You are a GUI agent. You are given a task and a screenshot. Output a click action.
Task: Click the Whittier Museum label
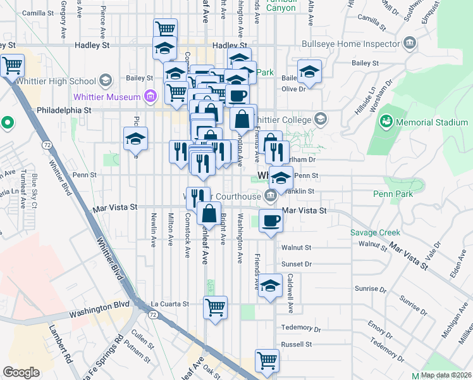coord(106,96)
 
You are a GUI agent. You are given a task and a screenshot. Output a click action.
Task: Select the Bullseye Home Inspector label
coord(357,44)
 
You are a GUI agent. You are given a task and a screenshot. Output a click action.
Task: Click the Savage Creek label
coord(372,232)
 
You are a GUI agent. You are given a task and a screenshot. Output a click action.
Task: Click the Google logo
coord(21,372)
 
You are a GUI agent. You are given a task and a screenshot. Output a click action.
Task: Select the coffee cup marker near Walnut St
coord(271,221)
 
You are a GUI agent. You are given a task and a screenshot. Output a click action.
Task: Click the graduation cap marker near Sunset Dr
coord(270,286)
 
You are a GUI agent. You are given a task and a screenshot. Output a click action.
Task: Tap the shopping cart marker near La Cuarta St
coord(216,307)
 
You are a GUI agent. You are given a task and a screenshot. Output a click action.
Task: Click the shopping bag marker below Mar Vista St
coord(209,213)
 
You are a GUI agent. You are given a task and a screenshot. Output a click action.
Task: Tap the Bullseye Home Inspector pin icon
coord(409,43)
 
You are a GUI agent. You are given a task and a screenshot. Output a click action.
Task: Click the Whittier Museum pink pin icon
coord(150,96)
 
